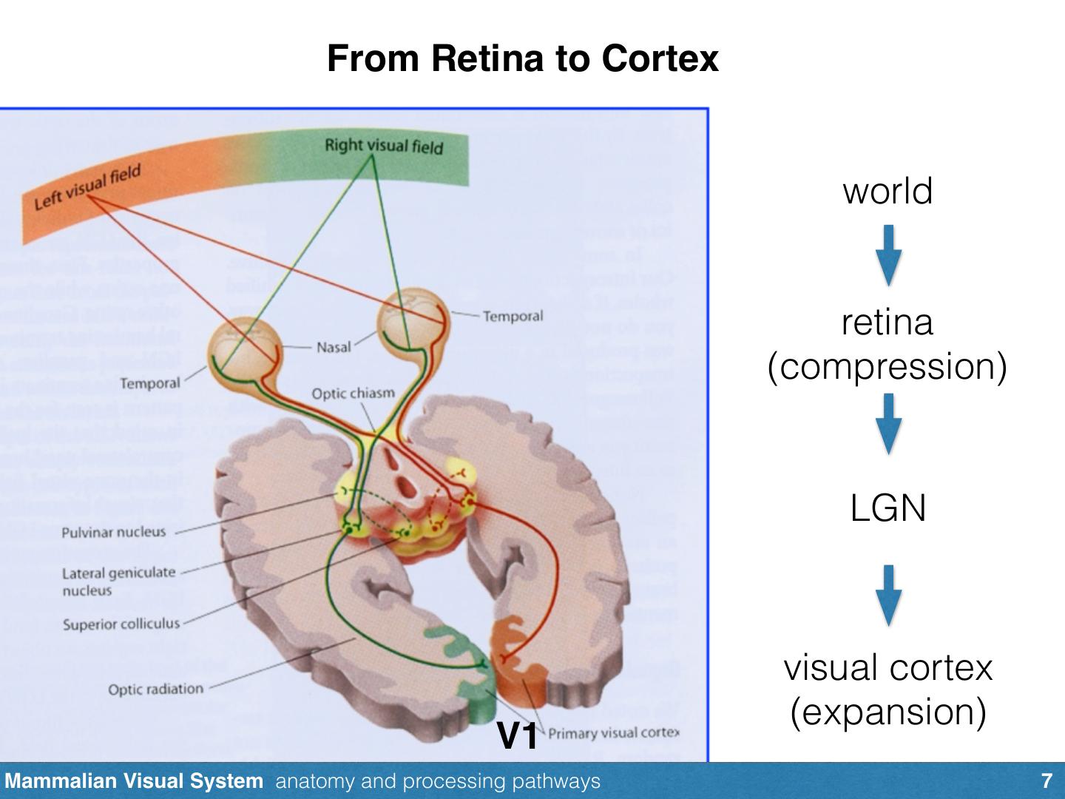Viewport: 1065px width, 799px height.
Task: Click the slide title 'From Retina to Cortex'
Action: [522, 58]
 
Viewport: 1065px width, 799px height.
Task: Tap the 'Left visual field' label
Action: [87, 188]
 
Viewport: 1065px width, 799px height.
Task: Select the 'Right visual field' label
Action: [383, 146]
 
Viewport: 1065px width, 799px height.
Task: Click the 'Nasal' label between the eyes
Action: [334, 347]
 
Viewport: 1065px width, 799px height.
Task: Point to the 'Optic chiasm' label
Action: [353, 393]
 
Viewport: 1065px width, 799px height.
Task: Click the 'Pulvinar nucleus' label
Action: [114, 532]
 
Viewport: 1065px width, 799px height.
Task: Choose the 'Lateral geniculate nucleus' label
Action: [118, 581]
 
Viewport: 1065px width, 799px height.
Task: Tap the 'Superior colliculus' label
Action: [121, 624]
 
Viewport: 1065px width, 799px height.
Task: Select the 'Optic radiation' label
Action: [155, 689]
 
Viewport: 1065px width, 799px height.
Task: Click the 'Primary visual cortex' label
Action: [613, 733]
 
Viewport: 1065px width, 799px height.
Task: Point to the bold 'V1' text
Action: [518, 735]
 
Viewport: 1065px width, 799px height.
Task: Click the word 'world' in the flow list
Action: [887, 191]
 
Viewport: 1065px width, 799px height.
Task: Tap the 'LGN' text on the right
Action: [887, 508]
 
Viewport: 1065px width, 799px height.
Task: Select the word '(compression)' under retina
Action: [887, 366]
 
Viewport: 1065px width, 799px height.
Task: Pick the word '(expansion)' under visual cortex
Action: [887, 712]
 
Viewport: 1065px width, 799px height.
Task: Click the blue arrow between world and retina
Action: [888, 255]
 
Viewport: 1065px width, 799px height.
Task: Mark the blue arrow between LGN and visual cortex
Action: [888, 596]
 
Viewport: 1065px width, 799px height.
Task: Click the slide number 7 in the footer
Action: [1046, 781]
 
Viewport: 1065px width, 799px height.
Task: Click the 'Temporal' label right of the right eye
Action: [513, 317]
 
